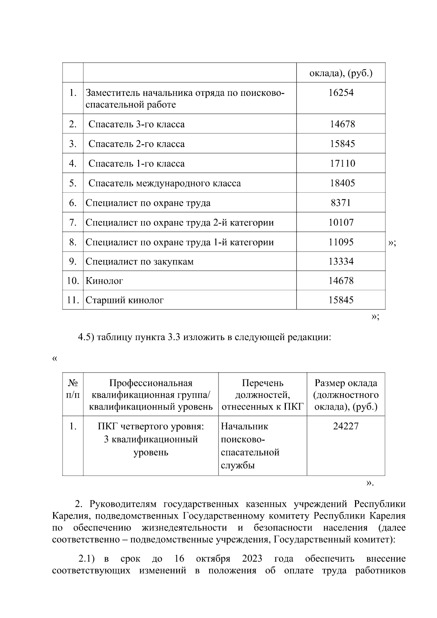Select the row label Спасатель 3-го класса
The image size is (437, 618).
point(136,124)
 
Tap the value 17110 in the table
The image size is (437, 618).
point(342,163)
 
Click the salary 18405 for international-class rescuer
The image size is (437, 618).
point(342,183)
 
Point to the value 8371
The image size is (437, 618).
point(340,203)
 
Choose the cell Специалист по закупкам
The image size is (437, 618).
point(139,261)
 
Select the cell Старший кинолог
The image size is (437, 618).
point(125,300)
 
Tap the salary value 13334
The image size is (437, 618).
point(341,261)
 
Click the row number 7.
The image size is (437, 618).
point(73,222)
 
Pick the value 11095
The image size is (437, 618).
point(341,242)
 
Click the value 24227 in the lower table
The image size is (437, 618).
point(346,426)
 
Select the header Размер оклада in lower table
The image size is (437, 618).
point(346,383)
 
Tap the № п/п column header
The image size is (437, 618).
point(73,389)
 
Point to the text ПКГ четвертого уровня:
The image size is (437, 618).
point(151,426)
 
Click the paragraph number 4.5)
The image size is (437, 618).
point(86,337)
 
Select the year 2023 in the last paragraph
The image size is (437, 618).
point(252,559)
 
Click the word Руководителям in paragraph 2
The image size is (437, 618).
point(123,504)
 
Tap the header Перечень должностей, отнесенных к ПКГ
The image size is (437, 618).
point(263,395)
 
